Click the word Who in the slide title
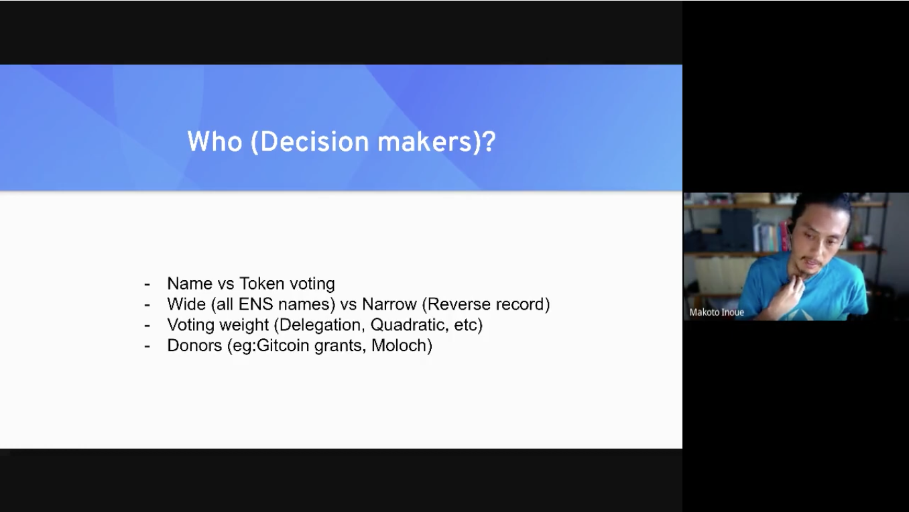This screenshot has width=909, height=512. (215, 141)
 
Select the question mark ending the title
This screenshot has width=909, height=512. (489, 141)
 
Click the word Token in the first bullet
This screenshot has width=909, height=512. (261, 283)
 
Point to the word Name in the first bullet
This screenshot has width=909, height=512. (190, 283)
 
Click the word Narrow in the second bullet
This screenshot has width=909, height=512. (389, 304)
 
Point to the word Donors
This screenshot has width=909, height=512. (194, 345)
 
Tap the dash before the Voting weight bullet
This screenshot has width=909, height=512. (147, 326)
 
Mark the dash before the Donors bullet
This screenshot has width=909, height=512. (147, 346)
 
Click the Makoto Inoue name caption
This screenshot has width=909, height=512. (717, 312)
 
